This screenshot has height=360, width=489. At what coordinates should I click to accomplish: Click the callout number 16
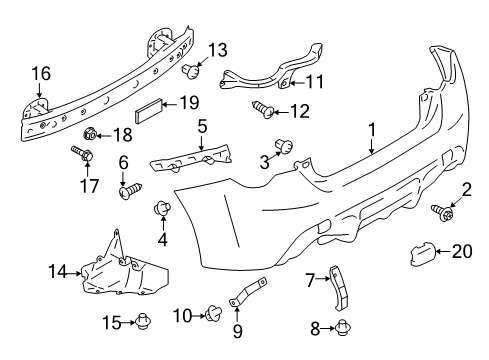tap(41, 74)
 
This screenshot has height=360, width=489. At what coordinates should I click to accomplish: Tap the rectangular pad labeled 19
tap(148, 110)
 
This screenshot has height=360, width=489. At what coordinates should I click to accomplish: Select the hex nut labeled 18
tap(89, 134)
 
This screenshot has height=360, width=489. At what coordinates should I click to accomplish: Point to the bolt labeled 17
tap(82, 154)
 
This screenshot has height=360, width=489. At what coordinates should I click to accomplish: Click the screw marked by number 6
tap(130, 190)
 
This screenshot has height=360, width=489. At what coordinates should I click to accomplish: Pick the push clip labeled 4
tap(162, 208)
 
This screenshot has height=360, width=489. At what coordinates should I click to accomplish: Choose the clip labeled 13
tap(191, 71)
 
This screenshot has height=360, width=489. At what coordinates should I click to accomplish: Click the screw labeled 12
tap(263, 109)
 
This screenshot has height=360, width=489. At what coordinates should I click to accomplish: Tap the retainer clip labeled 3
tap(284, 146)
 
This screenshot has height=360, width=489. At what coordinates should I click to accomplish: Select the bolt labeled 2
tap(443, 213)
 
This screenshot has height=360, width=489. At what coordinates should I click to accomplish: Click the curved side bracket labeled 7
tap(339, 288)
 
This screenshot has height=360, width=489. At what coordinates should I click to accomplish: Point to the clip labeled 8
tap(342, 328)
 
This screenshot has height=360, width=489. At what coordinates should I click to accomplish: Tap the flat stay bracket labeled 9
tap(248, 291)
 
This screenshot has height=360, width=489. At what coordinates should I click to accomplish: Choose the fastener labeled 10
tap(214, 314)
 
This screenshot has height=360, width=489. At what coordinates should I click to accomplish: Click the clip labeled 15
tap(144, 321)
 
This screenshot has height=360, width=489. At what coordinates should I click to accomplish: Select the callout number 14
tap(58, 271)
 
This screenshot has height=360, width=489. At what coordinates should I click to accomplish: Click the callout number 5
tap(202, 127)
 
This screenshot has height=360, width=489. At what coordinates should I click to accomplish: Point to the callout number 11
tap(315, 82)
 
